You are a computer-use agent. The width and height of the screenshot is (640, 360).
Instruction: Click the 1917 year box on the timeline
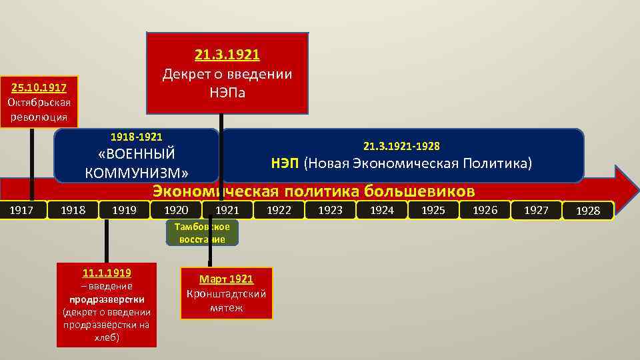[x=23, y=210]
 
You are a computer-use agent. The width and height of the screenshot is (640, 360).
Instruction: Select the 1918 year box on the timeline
[x=73, y=210]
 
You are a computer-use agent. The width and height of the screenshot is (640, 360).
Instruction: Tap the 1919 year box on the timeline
[x=124, y=210]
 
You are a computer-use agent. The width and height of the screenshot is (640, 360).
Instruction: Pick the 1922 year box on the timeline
[x=278, y=210]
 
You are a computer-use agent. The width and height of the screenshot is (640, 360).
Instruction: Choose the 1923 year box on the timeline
[x=330, y=210]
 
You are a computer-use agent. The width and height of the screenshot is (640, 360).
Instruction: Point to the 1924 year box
[x=381, y=210]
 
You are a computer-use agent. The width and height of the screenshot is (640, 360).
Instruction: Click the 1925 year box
[x=433, y=210]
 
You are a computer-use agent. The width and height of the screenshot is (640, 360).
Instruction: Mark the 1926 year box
[x=485, y=210]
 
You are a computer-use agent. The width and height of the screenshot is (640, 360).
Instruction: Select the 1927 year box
[x=536, y=210]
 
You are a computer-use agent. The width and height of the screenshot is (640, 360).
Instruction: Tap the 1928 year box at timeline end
[x=588, y=211]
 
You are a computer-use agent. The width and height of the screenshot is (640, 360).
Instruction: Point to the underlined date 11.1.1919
[x=107, y=273]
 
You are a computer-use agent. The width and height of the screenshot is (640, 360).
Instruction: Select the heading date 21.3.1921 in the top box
[x=227, y=54]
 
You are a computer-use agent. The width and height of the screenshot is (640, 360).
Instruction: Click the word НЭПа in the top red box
[x=227, y=92]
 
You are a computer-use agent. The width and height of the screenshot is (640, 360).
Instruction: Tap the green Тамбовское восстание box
[x=201, y=233]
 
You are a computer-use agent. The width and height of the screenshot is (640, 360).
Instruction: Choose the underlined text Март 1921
[x=227, y=279]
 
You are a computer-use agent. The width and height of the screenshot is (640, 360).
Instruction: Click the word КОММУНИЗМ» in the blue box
[x=137, y=173]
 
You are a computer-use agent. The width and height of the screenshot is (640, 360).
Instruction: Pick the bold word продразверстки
[x=107, y=299]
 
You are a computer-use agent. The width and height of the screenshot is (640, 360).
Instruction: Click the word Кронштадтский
[x=227, y=293]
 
